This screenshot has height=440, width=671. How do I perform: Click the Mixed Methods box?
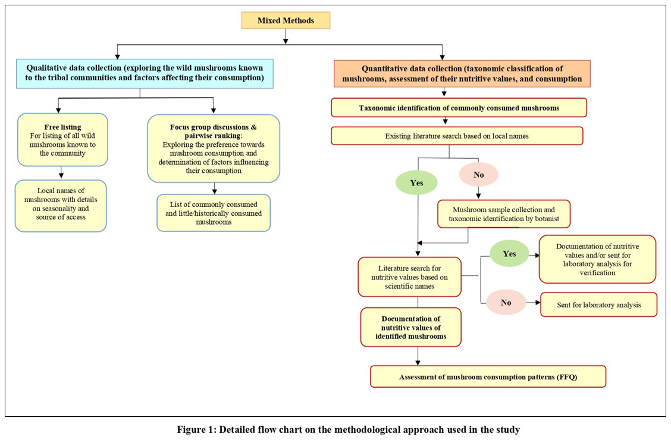286,21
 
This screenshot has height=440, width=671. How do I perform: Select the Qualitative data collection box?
145,74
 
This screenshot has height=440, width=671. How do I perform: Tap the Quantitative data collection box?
462,74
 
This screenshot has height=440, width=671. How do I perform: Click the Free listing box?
62,140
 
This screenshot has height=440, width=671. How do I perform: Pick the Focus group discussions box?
214,149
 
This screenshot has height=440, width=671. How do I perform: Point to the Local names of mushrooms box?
61,206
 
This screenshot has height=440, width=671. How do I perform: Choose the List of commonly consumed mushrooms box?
214,213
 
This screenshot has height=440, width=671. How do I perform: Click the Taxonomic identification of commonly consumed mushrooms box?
459,108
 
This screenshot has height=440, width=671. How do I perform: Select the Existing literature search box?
457,136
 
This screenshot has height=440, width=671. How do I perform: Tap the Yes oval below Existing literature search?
416,183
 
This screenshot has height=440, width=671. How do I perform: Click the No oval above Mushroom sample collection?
478,174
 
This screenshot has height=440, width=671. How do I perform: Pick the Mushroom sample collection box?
504,214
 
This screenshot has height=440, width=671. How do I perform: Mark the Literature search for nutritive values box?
409,277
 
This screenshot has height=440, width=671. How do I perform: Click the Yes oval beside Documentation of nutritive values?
509,253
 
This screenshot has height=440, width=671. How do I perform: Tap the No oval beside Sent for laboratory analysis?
506,302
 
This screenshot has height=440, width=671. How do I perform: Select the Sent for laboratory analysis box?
598,305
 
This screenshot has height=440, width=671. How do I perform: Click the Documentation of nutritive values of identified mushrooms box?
411,327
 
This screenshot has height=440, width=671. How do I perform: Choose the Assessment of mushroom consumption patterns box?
488,377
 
